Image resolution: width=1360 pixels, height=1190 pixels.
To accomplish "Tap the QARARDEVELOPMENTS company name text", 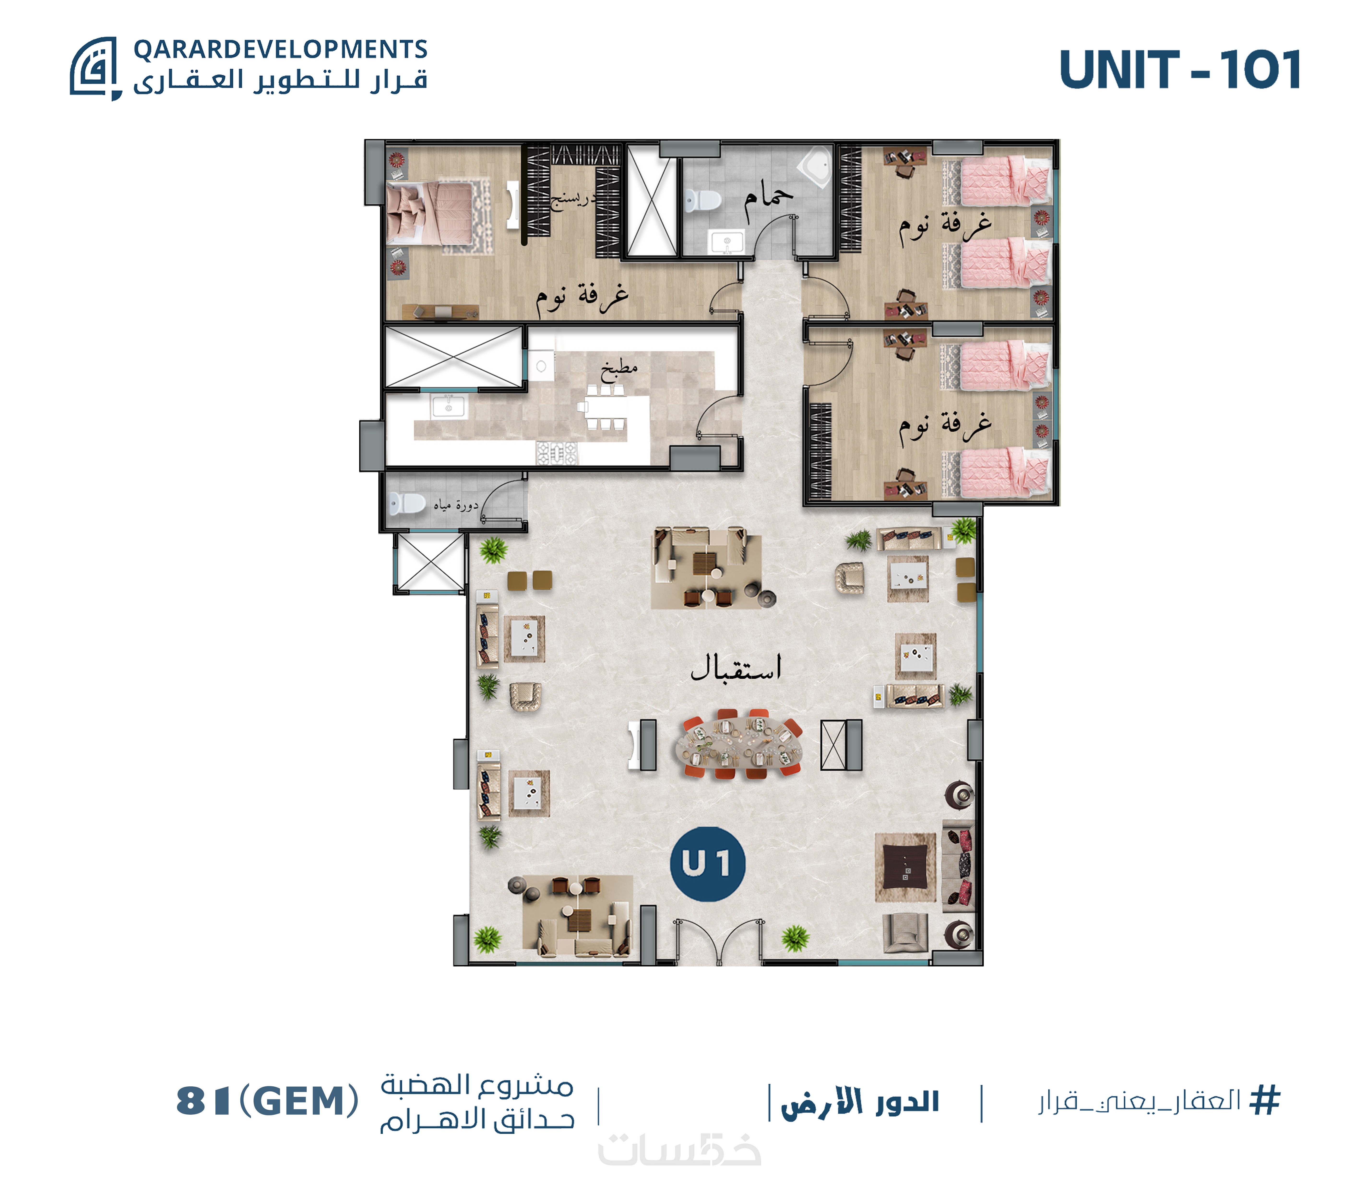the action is coord(280,49).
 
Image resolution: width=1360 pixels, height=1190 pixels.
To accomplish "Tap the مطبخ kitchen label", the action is coord(619,369).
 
